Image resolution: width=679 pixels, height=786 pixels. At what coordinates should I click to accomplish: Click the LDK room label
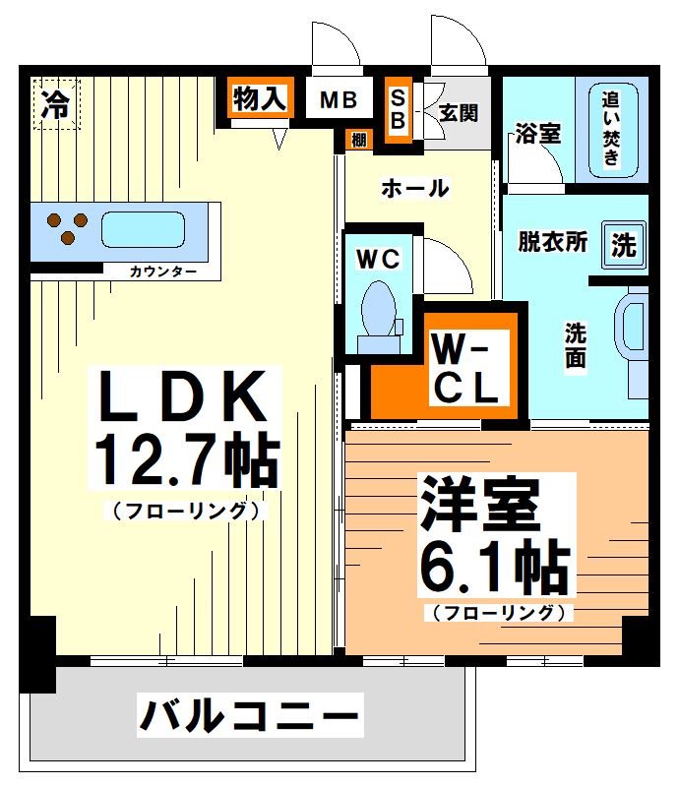185,395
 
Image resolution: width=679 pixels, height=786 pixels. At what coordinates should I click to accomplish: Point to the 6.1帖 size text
495,565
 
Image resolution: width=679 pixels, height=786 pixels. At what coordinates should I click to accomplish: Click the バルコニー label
249,716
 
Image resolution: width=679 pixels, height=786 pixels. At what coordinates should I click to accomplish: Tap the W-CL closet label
466,369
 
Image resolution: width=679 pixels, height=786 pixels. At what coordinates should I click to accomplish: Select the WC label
378,259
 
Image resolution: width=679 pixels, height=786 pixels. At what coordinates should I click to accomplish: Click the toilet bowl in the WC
378,308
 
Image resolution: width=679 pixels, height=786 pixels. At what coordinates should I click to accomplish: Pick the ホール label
414,188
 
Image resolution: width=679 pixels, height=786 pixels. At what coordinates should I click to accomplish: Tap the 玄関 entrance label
459,112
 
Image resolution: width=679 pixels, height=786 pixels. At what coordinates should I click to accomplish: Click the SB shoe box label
399,108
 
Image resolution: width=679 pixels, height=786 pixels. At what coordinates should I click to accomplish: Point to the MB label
338,100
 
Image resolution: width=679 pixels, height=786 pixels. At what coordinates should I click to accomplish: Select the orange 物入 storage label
260,98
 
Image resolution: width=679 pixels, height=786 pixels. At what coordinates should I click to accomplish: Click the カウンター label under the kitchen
162,271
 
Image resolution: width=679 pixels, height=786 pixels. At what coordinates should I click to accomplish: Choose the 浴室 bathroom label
537,134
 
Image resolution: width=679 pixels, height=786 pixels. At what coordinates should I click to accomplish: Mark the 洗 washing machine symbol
623,244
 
